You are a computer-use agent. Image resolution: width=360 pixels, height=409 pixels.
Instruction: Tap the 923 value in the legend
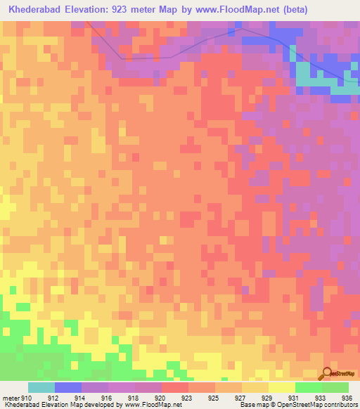pyautogui.click(x=188, y=398)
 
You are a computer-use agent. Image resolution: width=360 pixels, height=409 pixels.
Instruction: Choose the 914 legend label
pyautogui.click(x=82, y=398)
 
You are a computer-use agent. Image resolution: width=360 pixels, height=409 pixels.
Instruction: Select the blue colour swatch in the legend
pyautogui.click(x=68, y=387)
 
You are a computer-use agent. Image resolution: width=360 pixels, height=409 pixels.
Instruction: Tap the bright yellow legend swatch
pyautogui.click(x=282, y=387)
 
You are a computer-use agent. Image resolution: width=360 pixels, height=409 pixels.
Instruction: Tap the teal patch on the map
pyautogui.click(x=304, y=76)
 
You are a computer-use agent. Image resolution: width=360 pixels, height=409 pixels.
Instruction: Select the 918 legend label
pyautogui.click(x=134, y=398)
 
